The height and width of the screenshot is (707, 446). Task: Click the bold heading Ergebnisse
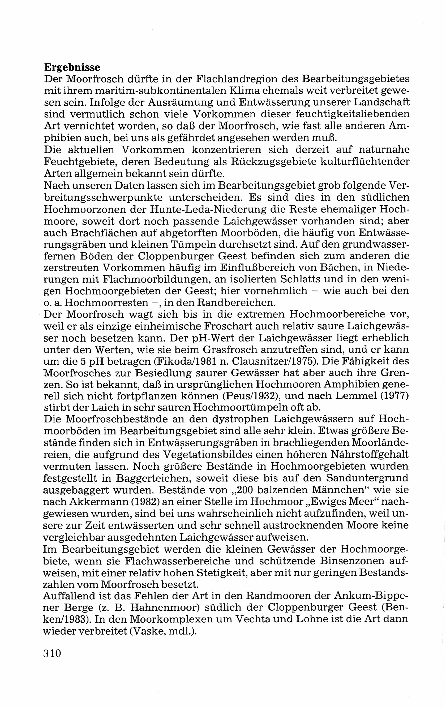pyautogui.click(x=72, y=67)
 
